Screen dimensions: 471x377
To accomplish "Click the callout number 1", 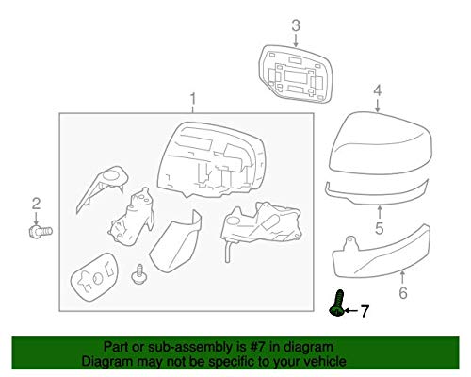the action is (x=193, y=99).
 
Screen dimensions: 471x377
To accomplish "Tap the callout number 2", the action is (x=36, y=204).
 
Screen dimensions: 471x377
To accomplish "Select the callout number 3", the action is (x=296, y=25).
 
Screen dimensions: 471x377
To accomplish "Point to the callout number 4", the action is (x=378, y=90).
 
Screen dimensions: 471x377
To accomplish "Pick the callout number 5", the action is (x=380, y=228).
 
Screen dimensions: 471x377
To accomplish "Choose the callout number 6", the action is (x=403, y=292).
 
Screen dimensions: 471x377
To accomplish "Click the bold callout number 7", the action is (x=364, y=311).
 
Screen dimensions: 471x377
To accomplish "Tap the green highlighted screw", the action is (x=337, y=303).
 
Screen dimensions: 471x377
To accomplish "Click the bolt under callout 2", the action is (x=41, y=232).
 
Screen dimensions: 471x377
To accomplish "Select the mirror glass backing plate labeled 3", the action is (x=295, y=74).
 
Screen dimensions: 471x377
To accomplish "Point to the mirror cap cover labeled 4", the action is (x=381, y=143).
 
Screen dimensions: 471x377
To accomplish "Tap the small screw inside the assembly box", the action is (x=138, y=274).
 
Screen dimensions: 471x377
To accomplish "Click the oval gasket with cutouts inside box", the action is (x=94, y=277).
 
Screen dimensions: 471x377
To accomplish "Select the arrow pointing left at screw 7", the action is (x=350, y=311).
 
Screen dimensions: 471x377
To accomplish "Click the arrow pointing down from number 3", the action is (x=296, y=41).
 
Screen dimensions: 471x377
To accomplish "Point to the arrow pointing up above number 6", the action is (x=403, y=277).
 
